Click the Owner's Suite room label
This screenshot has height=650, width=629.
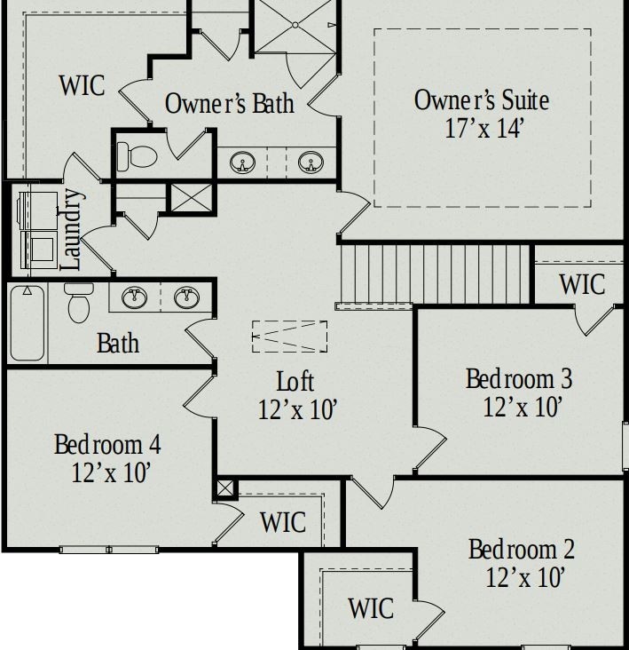482,100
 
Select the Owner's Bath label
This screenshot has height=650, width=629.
230,103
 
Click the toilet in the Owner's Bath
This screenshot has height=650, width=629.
137,156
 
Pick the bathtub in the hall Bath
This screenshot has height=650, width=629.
28,323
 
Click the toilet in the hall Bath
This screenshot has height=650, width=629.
79,302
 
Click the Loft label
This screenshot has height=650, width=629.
295,381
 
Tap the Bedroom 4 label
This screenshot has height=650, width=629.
107,444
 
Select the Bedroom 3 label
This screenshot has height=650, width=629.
519,378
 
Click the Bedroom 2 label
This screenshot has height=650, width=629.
522,550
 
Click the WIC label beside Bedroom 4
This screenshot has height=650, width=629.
283,522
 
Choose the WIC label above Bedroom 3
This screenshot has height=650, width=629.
582,284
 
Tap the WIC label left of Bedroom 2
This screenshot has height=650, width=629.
371,608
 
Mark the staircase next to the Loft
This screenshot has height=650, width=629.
434,274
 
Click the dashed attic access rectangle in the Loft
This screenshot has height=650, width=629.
289,337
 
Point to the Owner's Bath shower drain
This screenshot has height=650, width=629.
295,25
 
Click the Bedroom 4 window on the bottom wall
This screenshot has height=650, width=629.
109,550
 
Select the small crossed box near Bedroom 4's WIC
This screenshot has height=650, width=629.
225,488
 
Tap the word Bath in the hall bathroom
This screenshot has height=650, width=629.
118,344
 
